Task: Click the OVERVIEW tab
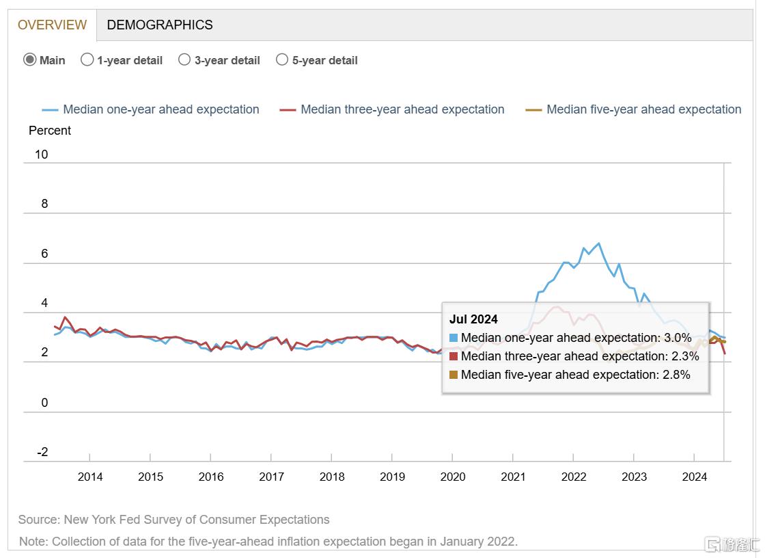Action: (53, 25)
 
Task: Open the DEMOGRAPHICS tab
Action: (160, 25)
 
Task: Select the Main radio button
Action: (30, 59)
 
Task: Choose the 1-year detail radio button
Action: (87, 59)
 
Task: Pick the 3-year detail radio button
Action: (184, 59)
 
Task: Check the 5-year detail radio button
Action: (282, 59)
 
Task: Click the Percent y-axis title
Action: (50, 131)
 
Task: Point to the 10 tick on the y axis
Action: (42, 155)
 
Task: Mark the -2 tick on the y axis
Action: (42, 453)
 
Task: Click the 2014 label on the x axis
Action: (90, 477)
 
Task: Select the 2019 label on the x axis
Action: (392, 477)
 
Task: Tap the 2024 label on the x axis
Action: (695, 477)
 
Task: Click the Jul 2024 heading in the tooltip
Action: (473, 319)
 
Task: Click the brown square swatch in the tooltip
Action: (454, 375)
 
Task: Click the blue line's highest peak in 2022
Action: (599, 243)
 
